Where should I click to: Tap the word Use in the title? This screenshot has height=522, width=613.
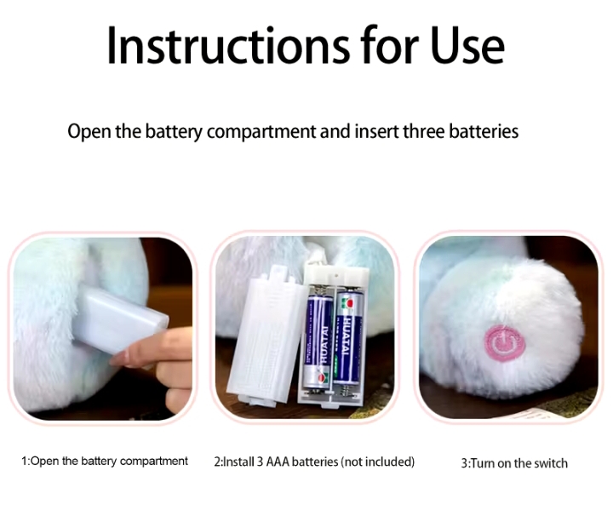pos(467,45)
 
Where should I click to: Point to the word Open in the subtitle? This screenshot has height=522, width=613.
pos(89,132)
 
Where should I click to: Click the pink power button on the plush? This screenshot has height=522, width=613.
pos(504,342)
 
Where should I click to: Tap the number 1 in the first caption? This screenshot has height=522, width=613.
pos(24,462)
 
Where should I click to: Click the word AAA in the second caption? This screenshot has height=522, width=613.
pos(278,462)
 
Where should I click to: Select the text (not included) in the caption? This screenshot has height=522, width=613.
pos(378,462)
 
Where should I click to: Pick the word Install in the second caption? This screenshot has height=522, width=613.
pos(238,462)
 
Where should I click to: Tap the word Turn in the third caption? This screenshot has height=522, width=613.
pos(483,464)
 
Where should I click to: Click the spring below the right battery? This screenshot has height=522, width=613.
pos(347,389)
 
